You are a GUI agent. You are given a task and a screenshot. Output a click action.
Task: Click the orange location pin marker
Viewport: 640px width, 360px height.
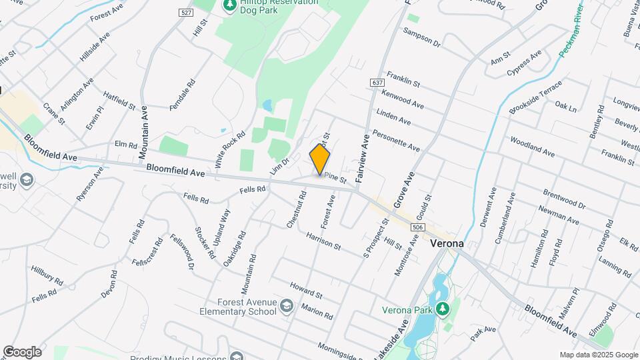[x=320, y=159]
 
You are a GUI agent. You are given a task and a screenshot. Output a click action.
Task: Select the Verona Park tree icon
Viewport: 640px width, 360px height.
[x=441, y=309]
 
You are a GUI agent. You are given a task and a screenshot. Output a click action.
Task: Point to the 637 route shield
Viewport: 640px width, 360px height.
[x=377, y=82]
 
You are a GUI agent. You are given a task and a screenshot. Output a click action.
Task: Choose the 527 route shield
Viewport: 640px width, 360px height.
[x=186, y=13]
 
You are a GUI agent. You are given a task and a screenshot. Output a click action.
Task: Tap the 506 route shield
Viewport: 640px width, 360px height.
[x=417, y=228]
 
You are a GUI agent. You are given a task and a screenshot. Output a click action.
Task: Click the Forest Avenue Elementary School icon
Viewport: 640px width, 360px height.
[x=286, y=306]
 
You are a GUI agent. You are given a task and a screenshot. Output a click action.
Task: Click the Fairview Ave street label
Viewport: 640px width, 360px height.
[x=365, y=159]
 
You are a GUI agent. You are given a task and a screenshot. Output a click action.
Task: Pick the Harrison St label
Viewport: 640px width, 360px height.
[x=323, y=241]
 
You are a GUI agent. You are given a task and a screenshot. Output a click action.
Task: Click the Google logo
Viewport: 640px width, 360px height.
[x=22, y=351]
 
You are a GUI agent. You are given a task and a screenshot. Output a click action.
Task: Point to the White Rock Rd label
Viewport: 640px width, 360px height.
[x=230, y=149]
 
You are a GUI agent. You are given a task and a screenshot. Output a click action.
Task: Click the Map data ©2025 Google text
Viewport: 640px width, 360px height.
[x=598, y=355]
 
